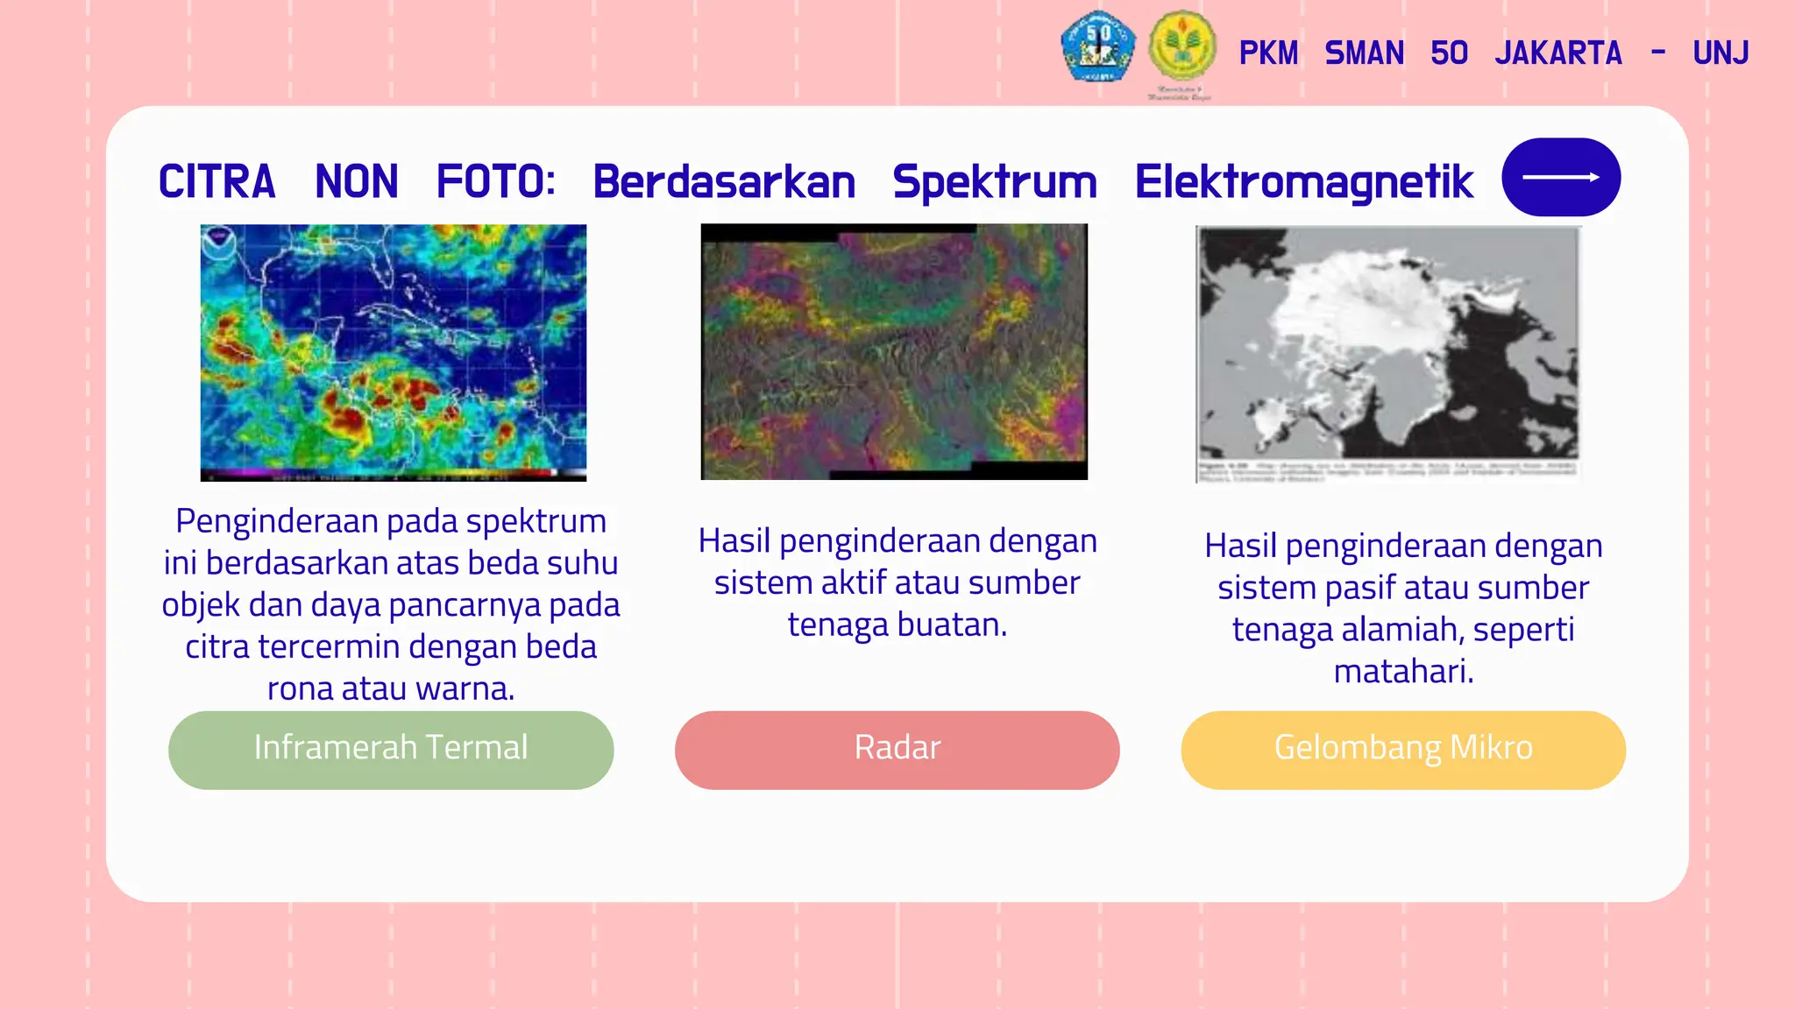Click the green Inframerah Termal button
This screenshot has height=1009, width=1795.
coord(391,750)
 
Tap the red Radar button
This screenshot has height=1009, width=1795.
coord(897,750)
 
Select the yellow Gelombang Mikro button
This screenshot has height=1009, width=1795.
coord(1402,750)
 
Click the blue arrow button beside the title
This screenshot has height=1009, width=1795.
coord(1560,177)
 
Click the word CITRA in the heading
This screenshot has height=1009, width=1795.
coord(216,182)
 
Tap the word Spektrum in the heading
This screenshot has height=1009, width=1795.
coord(994,182)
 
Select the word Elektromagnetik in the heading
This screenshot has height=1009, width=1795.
coord(1303,182)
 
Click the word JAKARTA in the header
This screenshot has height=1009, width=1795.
coord(1557,53)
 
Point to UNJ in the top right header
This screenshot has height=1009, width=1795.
coord(1720,53)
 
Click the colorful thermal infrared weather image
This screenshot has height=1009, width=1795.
coord(393,352)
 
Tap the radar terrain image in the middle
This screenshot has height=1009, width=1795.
coord(894,352)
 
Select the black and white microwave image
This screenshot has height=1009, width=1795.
coord(1388,352)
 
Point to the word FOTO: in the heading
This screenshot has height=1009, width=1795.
coord(495,182)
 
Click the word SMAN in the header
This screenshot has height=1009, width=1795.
coord(1364,53)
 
